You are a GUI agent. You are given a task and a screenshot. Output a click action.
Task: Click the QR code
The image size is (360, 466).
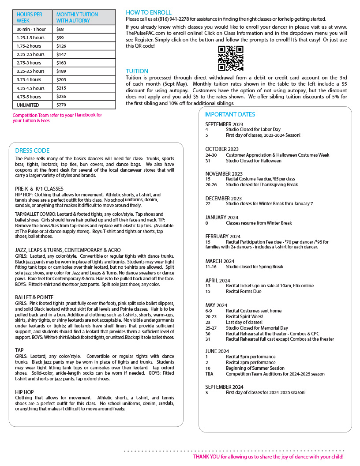[231, 58]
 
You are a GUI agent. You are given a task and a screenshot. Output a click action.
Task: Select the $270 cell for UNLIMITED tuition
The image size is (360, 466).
[60, 105]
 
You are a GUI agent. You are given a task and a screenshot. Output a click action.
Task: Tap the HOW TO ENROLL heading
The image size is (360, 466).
[149, 12]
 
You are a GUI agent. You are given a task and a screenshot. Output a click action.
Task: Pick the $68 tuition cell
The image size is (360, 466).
[60, 29]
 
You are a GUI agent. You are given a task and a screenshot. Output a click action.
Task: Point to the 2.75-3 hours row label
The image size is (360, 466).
[29, 63]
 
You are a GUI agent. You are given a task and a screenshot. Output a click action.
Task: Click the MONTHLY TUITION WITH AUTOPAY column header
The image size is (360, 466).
[73, 18]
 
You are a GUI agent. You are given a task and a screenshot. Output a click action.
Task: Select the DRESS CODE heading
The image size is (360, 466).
[32, 150]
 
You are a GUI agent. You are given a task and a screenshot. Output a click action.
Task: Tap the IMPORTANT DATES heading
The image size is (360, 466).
[230, 114]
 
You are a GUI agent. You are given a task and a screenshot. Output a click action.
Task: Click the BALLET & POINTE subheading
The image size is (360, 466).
[35, 297]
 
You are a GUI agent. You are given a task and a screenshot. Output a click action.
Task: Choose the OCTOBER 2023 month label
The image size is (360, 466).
[222, 149]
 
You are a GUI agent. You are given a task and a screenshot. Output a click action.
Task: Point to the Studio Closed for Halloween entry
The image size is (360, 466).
[253, 161]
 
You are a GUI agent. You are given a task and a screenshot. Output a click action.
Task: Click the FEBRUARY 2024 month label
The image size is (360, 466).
[223, 236]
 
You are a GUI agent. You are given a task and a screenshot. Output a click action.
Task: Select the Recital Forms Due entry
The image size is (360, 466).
[244, 291]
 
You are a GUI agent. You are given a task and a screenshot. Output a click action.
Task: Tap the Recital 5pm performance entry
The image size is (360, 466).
[251, 357]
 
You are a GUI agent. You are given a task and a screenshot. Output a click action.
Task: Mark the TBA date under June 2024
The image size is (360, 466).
[209, 374]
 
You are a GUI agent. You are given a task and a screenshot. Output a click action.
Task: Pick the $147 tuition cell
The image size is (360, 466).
[61, 54]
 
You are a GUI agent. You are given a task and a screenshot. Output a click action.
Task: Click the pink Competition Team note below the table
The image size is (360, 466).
[57, 118]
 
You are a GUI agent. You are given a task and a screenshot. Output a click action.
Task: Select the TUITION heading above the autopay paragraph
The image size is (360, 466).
[137, 71]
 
